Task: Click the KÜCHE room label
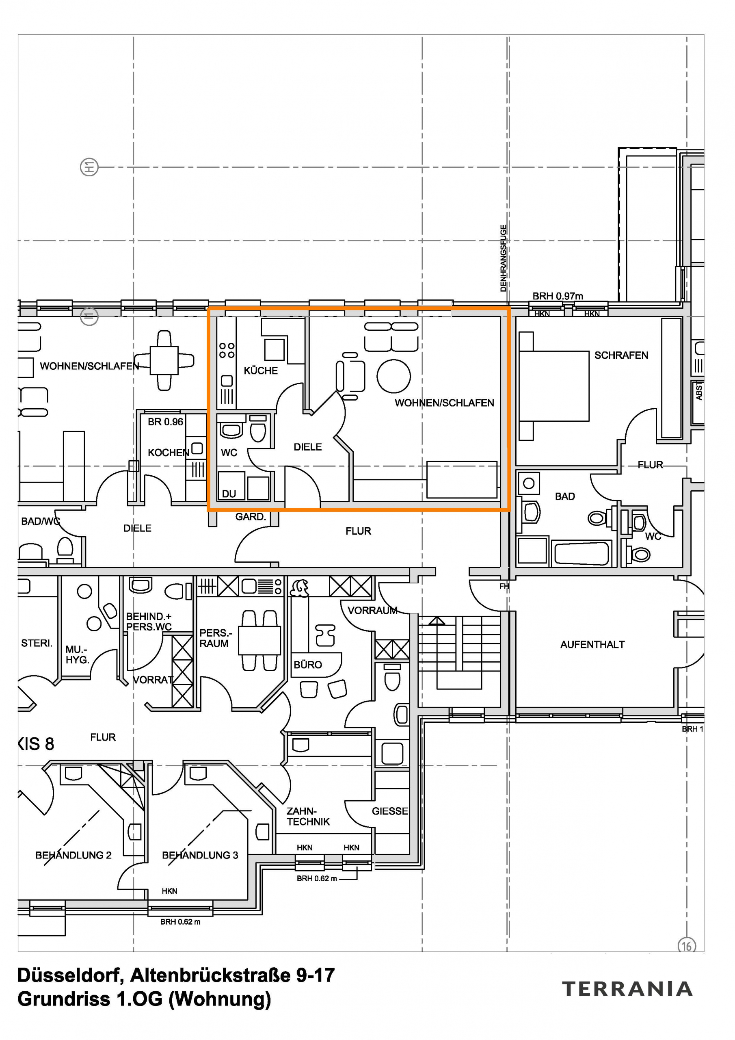click(260, 370)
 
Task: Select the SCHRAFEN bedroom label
click(621, 355)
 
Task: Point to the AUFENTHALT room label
click(592, 644)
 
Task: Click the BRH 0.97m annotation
click(558, 296)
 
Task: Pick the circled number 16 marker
click(687, 946)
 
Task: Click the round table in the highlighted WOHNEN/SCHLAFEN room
click(393, 376)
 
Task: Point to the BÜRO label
click(307, 665)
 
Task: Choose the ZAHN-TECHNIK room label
click(308, 816)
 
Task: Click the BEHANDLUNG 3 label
click(200, 855)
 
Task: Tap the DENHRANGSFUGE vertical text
click(503, 258)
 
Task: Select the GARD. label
click(251, 516)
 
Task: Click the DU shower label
click(229, 494)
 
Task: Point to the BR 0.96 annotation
click(165, 422)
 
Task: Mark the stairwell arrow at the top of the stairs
click(437, 621)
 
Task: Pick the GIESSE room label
click(389, 811)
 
